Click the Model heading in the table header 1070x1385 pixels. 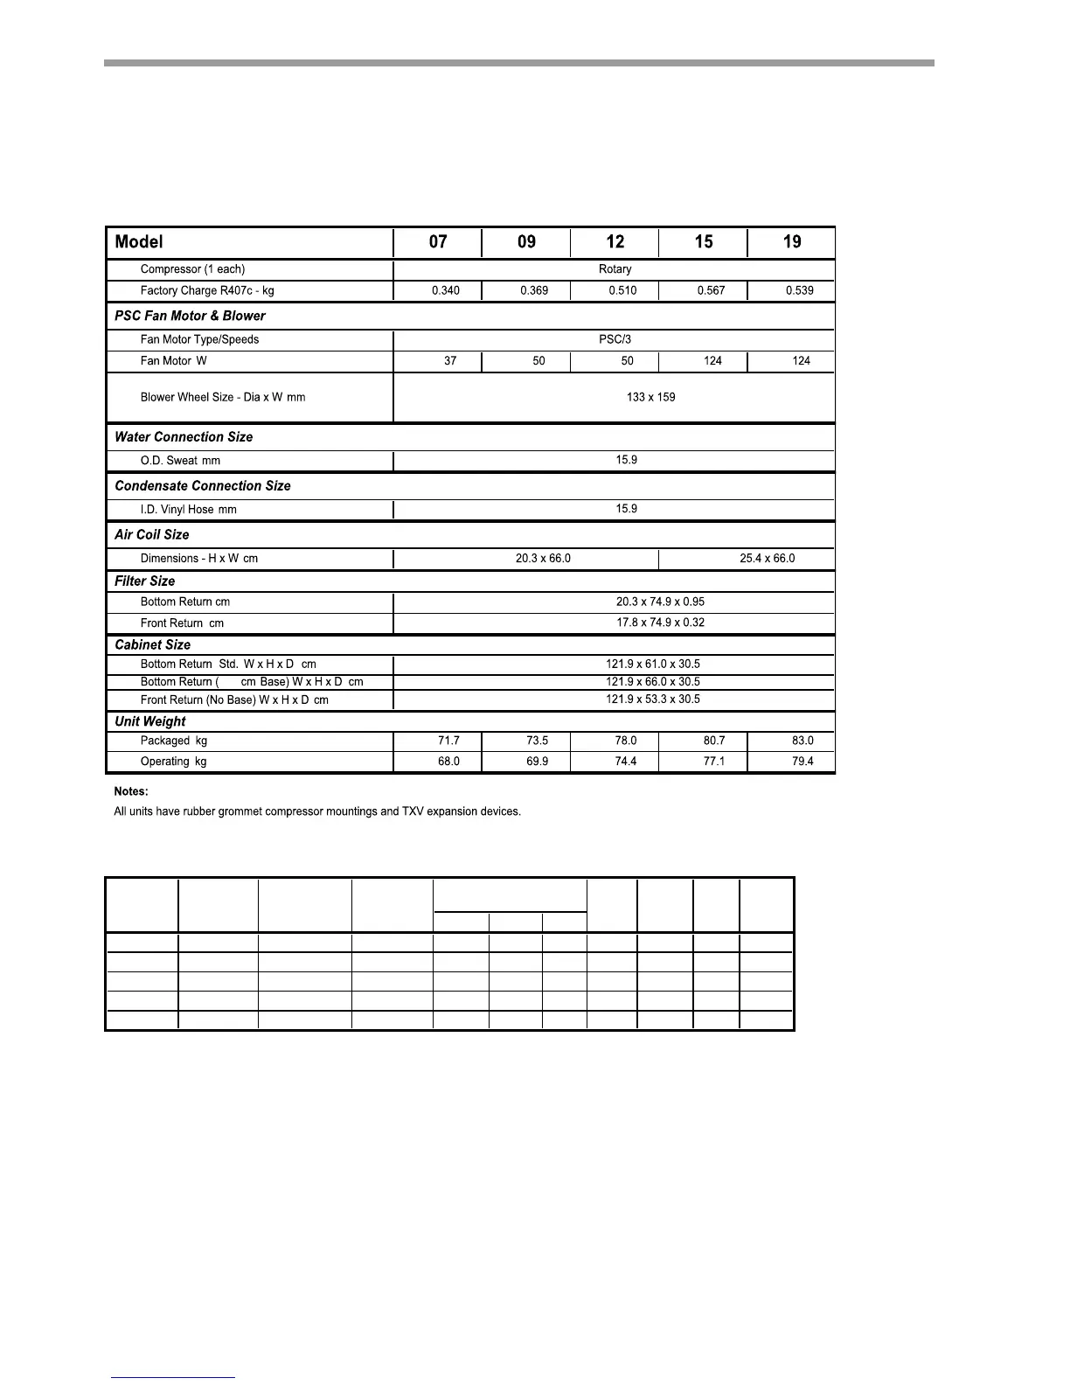tap(139, 242)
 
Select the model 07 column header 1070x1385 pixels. tap(438, 242)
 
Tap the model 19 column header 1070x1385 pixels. tap(792, 242)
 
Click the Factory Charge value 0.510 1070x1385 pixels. tap(622, 291)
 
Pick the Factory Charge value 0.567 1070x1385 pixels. tap(711, 291)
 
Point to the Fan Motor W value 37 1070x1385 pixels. tap(450, 361)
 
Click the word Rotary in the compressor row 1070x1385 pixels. tap(615, 269)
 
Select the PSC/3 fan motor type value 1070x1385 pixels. tap(615, 339)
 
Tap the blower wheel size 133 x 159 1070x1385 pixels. tap(650, 397)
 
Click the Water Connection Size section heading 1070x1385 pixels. tap(184, 437)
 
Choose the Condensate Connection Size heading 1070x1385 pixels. tap(203, 486)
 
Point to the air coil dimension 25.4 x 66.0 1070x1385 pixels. tap(767, 559)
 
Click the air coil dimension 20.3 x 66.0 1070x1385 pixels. tap(543, 559)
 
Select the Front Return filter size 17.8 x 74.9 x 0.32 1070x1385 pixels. tap(660, 623)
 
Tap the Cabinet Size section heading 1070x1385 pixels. tap(152, 645)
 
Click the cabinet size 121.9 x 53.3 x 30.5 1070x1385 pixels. tap(652, 699)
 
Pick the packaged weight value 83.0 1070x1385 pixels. tap(802, 741)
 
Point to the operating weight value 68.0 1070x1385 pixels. tap(448, 762)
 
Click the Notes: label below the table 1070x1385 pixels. tap(130, 791)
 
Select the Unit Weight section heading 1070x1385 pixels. tap(150, 721)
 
